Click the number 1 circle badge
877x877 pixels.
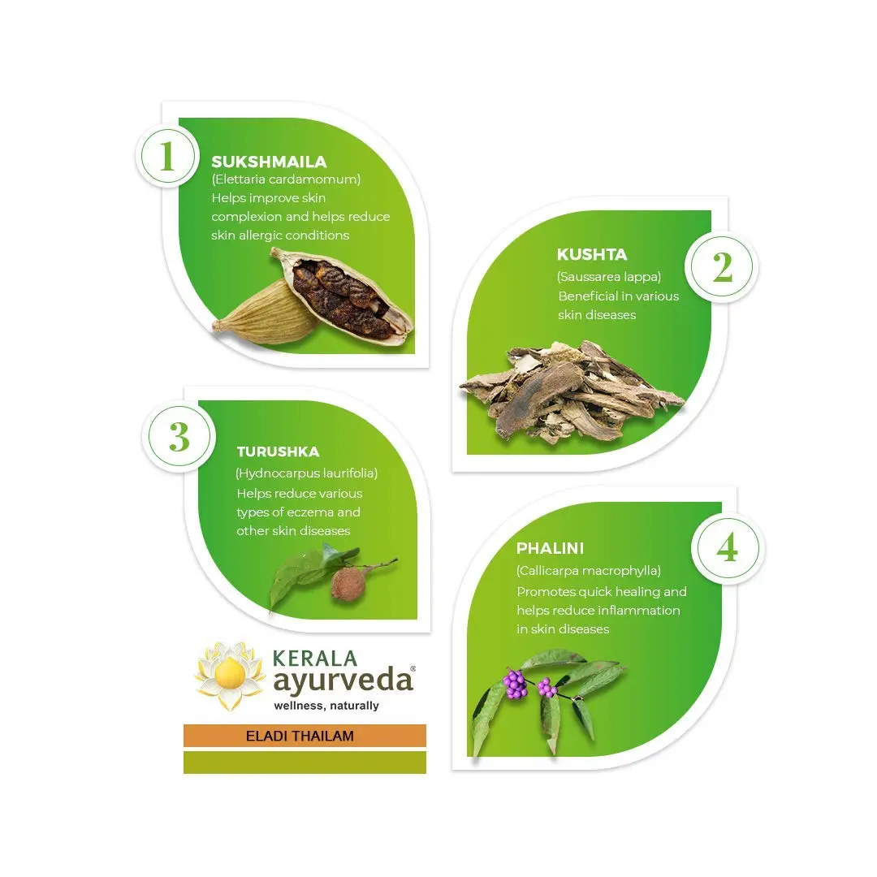pyautogui.click(x=167, y=156)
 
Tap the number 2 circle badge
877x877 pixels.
pyautogui.click(x=722, y=267)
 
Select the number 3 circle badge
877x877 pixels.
pyautogui.click(x=179, y=437)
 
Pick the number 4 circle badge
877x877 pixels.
pyautogui.click(x=727, y=548)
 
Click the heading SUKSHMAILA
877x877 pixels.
pyautogui.click(x=269, y=162)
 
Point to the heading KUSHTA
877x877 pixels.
pyautogui.click(x=592, y=254)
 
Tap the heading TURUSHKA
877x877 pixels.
pyautogui.click(x=278, y=451)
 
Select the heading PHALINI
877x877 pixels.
pyautogui.click(x=550, y=548)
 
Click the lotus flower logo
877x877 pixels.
pyautogui.click(x=230, y=675)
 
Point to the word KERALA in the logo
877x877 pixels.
pyautogui.click(x=315, y=658)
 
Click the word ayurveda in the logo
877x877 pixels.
pyautogui.click(x=343, y=680)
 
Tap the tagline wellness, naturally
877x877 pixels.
pyautogui.click(x=326, y=706)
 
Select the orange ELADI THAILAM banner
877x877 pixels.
pyautogui.click(x=305, y=736)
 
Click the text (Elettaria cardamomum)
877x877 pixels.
pyautogui.click(x=287, y=179)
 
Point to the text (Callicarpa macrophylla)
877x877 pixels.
pyautogui.click(x=589, y=571)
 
